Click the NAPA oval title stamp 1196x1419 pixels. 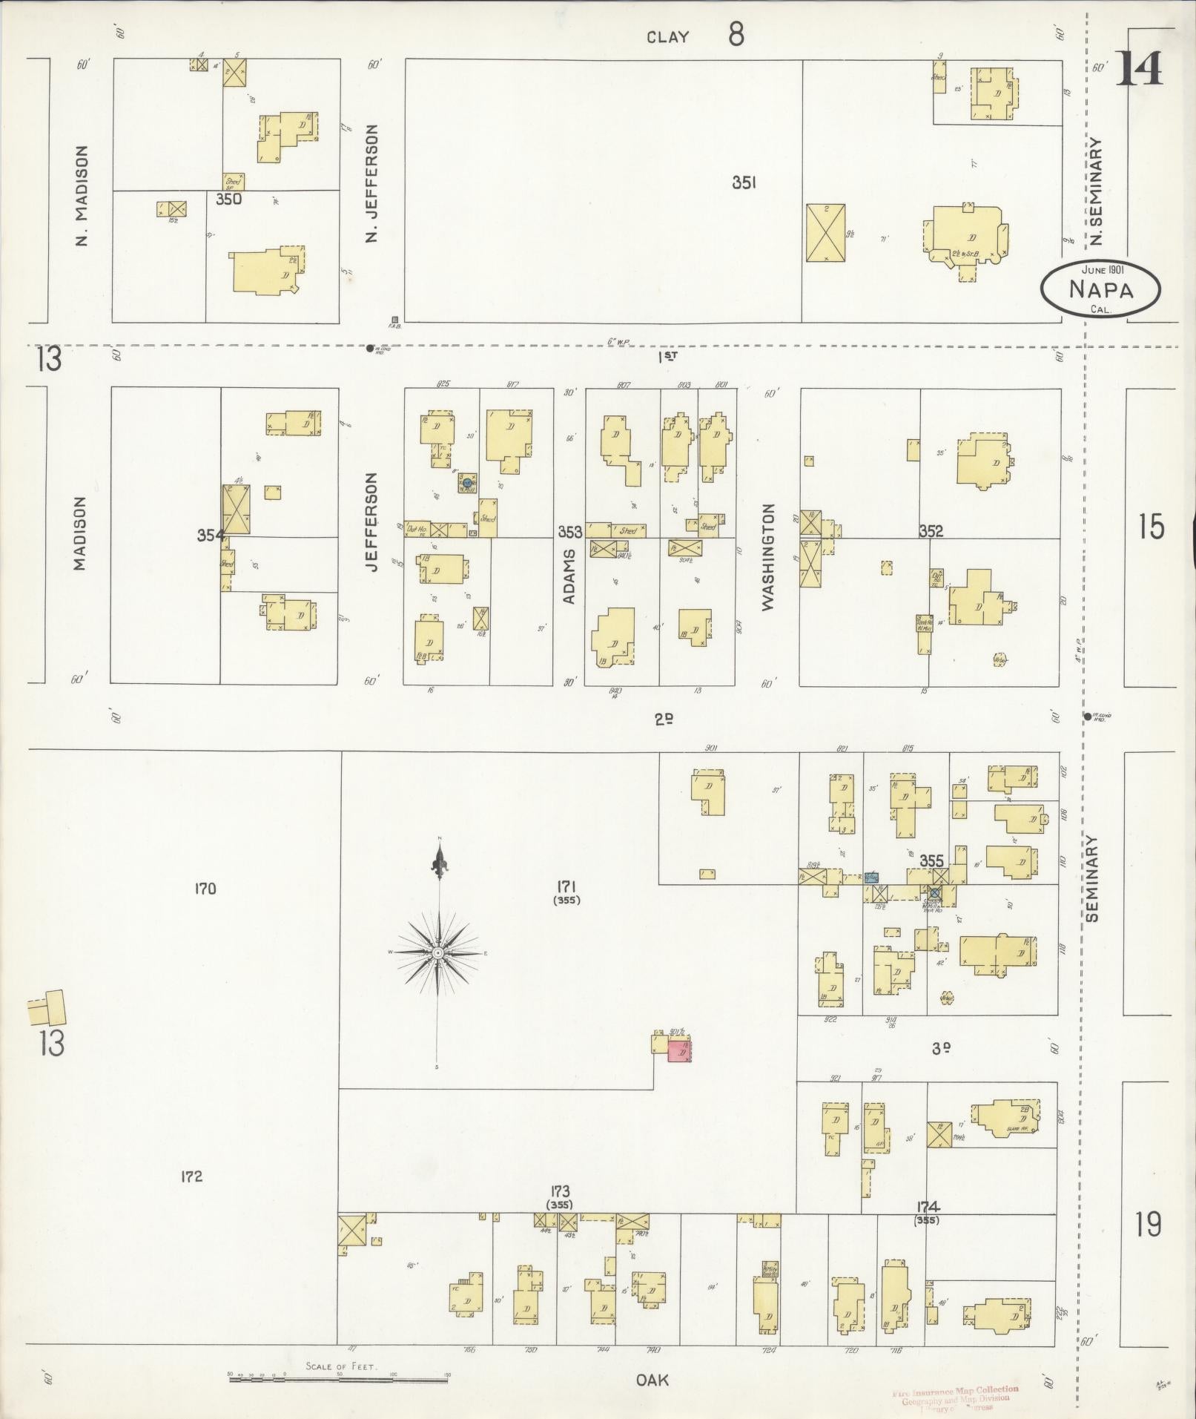[1100, 289]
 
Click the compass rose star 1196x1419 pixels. [438, 952]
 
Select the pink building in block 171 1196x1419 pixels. [679, 1051]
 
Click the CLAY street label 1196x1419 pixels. [667, 37]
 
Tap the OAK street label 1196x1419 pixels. [652, 1380]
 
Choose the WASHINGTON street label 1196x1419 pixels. [767, 557]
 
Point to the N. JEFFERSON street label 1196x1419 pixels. [372, 182]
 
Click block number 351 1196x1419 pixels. [744, 183]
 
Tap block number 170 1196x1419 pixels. [205, 888]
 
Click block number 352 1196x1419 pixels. [931, 531]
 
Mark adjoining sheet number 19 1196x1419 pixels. [1148, 1223]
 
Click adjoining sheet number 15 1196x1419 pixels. [1150, 527]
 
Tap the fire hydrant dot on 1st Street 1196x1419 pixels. [370, 348]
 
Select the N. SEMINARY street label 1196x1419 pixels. [1096, 191]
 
